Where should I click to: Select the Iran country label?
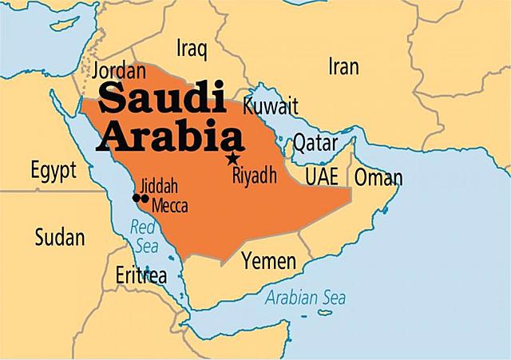(x=343, y=68)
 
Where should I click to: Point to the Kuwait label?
(x=271, y=106)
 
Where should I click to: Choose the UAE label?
(x=322, y=176)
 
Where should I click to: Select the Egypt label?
(x=53, y=170)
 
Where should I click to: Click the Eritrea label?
(x=141, y=276)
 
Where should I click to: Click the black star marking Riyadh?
(x=232, y=158)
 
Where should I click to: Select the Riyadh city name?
(x=254, y=175)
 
